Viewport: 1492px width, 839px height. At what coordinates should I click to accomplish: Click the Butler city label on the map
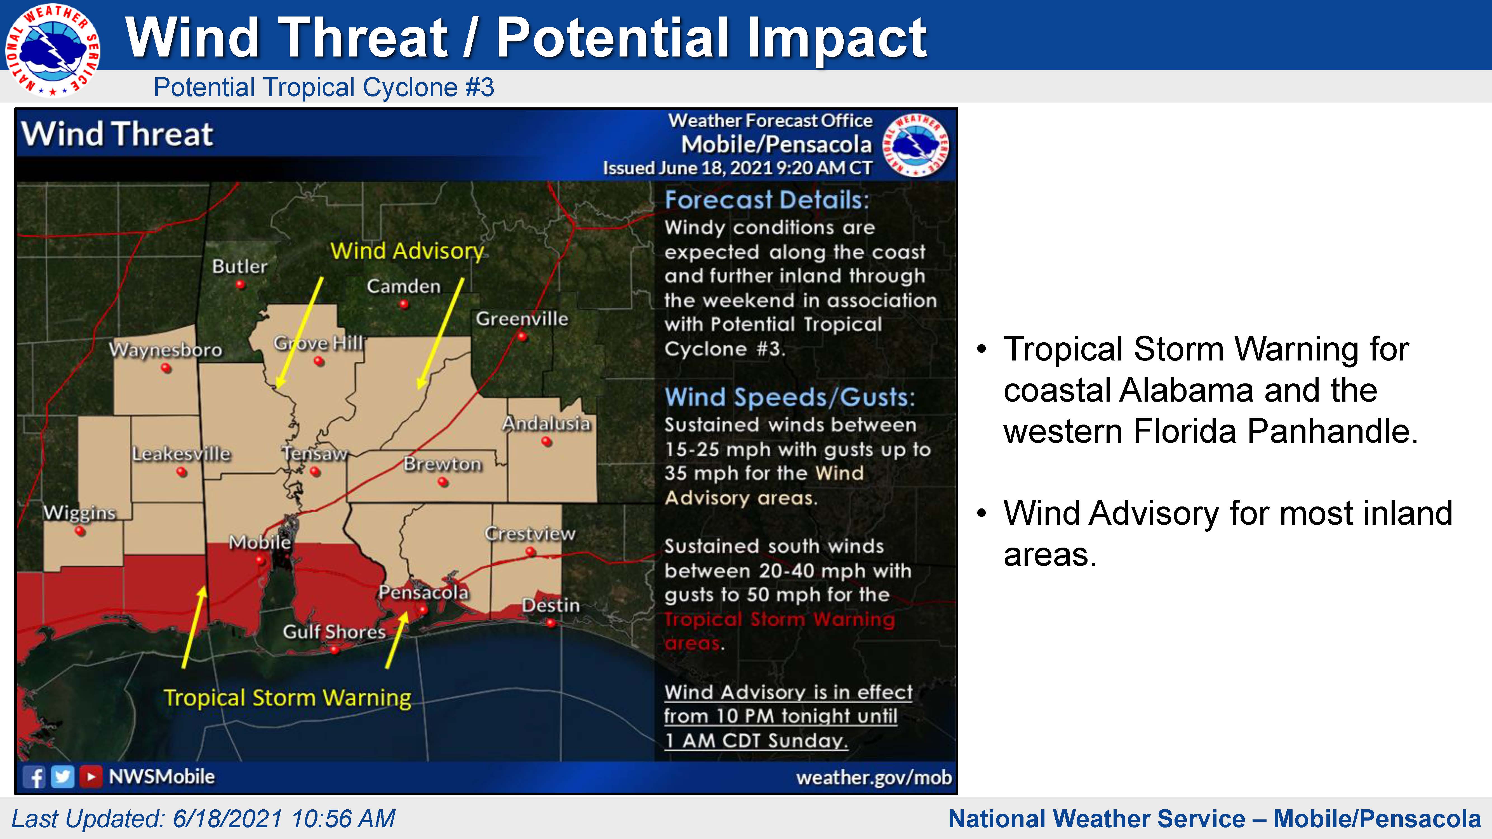[240, 266]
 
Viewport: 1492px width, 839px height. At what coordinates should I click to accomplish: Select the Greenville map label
[522, 319]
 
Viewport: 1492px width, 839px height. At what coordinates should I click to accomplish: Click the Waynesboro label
[166, 350]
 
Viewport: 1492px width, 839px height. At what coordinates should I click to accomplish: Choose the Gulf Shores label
[334, 632]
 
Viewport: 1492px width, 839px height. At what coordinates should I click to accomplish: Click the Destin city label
[551, 605]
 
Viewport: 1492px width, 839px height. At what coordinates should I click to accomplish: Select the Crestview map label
[530, 533]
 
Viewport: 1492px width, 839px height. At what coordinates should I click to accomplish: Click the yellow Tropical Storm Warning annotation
[287, 698]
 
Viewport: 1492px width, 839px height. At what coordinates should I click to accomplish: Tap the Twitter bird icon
[63, 776]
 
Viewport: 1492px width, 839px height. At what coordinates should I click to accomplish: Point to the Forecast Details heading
[767, 200]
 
